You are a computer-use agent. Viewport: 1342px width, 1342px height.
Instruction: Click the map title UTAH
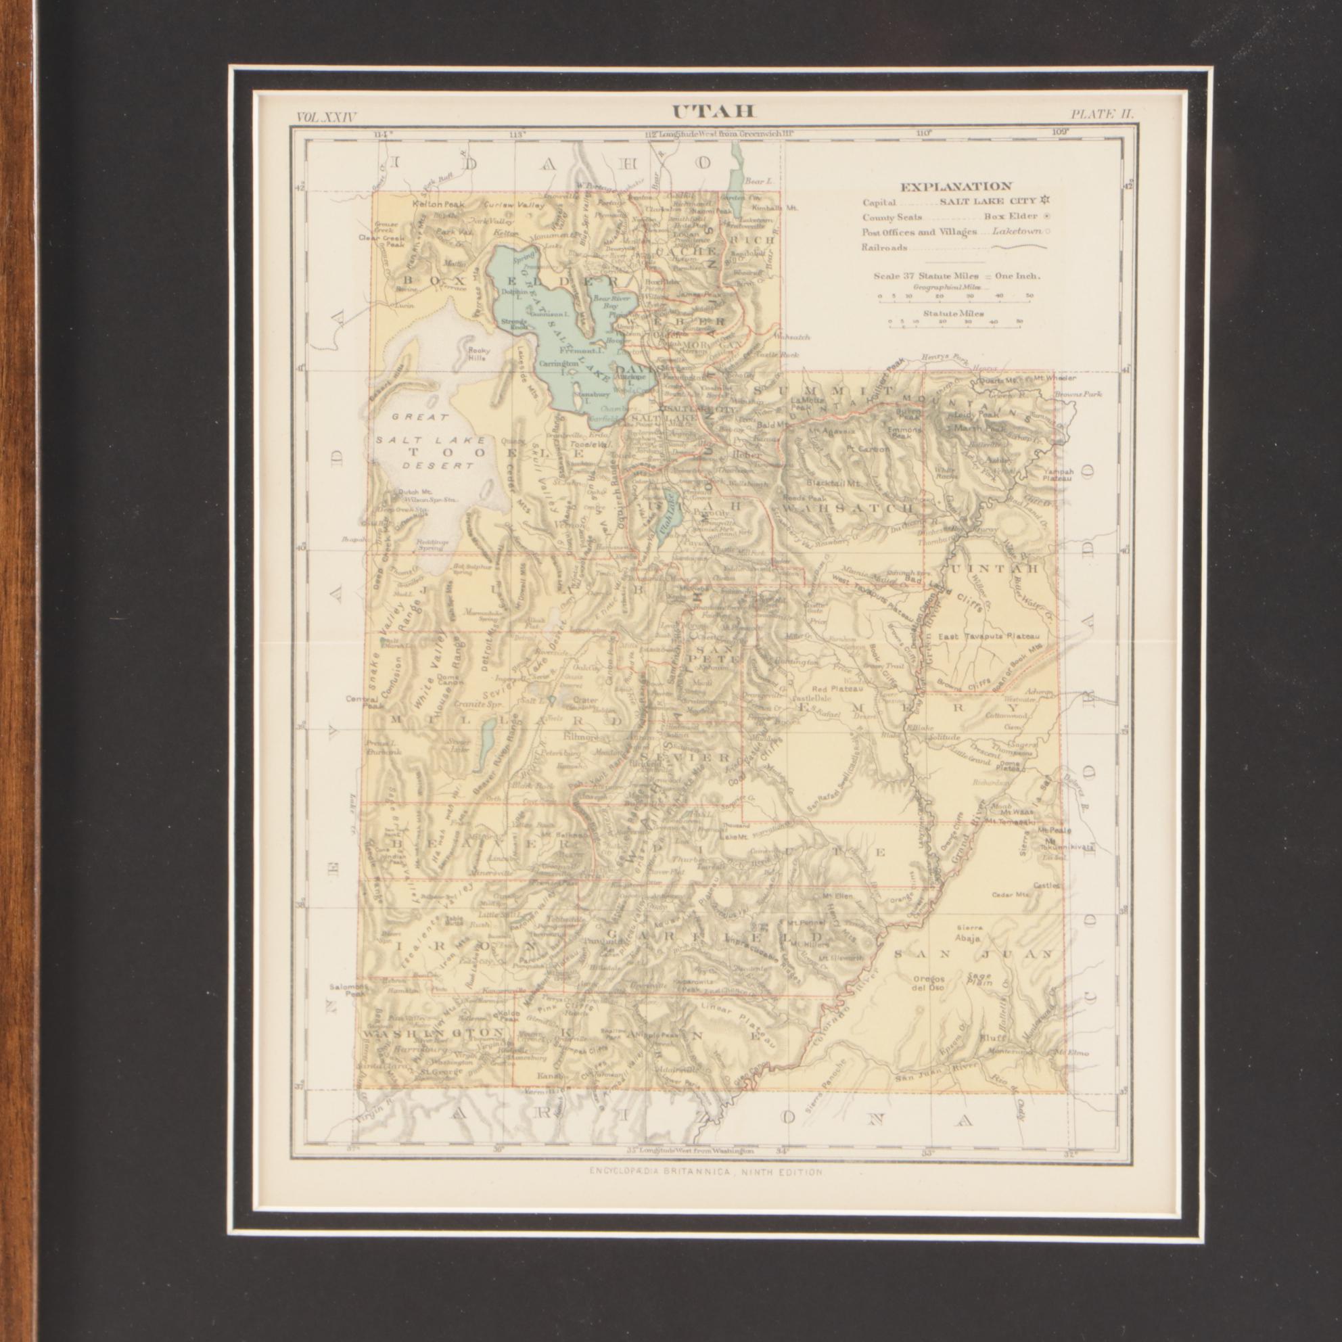pos(713,112)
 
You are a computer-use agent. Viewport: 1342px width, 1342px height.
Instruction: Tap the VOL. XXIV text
pos(326,118)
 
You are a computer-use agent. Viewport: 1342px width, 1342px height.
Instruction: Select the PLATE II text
pos(1102,115)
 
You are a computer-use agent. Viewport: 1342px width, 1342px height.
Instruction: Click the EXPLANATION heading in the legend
pos(956,186)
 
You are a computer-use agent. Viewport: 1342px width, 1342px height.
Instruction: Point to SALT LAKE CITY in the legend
pos(988,202)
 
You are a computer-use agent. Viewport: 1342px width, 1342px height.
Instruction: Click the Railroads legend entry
pos(885,248)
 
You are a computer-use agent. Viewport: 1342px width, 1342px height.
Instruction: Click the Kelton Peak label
pos(438,205)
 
